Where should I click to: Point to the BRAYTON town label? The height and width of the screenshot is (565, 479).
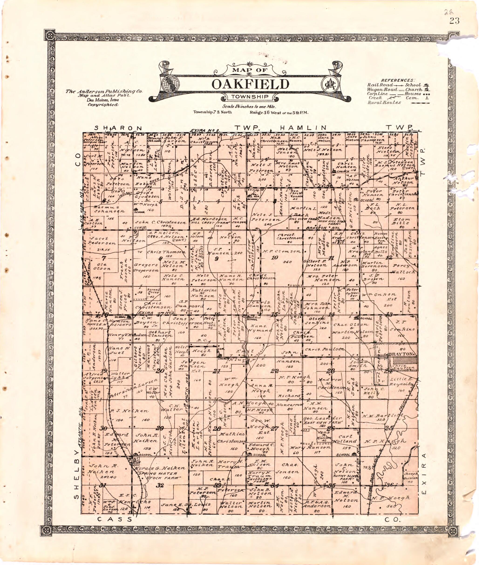pyautogui.click(x=401, y=354)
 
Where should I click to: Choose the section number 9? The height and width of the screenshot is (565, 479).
pyautogui.click(x=216, y=259)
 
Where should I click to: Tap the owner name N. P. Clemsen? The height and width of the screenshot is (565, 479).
pyautogui.click(x=282, y=251)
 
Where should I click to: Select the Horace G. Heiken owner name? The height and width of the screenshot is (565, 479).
pyautogui.click(x=159, y=468)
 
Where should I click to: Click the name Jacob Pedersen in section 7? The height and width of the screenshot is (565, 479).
pyautogui.click(x=100, y=241)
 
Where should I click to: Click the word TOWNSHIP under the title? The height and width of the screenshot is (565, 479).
pyautogui.click(x=250, y=97)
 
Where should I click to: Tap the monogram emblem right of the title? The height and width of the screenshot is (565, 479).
pyautogui.click(x=329, y=84)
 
